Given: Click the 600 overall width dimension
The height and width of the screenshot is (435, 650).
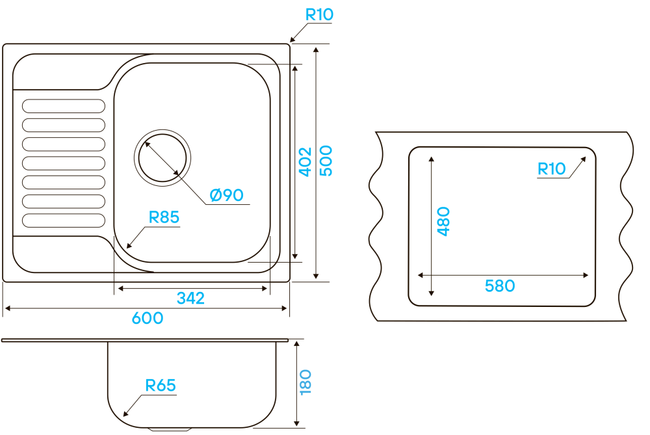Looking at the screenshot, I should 148,319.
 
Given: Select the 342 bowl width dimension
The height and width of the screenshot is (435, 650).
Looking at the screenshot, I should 190,298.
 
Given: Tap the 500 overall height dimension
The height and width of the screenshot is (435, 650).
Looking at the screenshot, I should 326,161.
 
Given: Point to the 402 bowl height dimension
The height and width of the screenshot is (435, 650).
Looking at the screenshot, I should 305,161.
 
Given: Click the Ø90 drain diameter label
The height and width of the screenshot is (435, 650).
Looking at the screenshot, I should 226,194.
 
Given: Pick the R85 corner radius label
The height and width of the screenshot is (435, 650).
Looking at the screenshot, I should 164,217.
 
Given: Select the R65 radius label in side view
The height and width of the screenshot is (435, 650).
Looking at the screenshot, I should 160,386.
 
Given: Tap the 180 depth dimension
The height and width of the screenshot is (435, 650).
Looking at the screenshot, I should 305,382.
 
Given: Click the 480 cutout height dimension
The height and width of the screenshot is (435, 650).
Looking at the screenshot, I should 443,221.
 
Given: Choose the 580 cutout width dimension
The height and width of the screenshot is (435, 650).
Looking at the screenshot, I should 500,285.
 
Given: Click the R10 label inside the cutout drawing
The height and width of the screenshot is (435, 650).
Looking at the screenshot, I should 552,169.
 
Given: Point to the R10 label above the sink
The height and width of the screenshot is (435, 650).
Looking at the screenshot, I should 319,14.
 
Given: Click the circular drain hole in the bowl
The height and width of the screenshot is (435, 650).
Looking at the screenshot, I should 163,157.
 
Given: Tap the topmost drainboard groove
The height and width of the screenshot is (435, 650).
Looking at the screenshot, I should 63,105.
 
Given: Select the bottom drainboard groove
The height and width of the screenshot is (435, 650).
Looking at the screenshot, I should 63,220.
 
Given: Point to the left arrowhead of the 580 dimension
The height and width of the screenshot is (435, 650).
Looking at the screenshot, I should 420,275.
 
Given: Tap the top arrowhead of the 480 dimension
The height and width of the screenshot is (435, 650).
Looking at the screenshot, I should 430,158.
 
